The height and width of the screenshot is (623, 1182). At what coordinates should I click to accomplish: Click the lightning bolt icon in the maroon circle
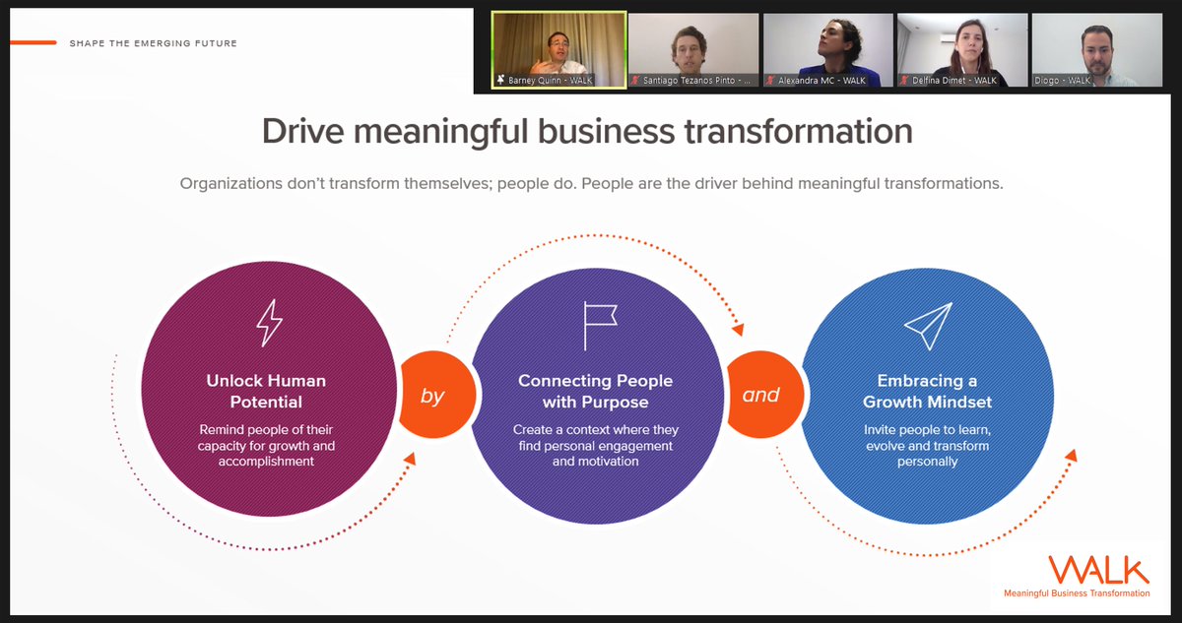click(268, 323)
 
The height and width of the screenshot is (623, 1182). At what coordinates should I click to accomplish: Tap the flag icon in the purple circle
click(598, 325)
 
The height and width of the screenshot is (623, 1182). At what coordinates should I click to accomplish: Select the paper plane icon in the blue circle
click(928, 325)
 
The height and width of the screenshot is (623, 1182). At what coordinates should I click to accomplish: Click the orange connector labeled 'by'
click(432, 397)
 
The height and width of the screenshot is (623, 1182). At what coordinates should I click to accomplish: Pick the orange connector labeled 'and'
click(760, 396)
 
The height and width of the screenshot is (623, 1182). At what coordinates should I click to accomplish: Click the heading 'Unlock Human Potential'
click(266, 391)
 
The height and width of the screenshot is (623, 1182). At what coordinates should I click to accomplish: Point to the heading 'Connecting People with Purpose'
click(595, 391)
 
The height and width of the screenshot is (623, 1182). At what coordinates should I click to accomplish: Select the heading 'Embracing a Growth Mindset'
click(927, 391)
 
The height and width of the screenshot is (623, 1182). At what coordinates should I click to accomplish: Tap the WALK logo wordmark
click(1097, 570)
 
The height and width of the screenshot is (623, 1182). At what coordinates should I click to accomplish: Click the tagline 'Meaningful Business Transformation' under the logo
click(1077, 593)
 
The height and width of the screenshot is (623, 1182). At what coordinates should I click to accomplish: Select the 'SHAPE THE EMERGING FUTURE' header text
click(153, 43)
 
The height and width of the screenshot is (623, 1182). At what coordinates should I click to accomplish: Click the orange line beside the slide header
click(32, 42)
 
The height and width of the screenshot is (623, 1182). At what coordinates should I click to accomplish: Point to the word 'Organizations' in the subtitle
click(229, 184)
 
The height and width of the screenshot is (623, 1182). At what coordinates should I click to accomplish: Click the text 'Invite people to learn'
click(927, 430)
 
